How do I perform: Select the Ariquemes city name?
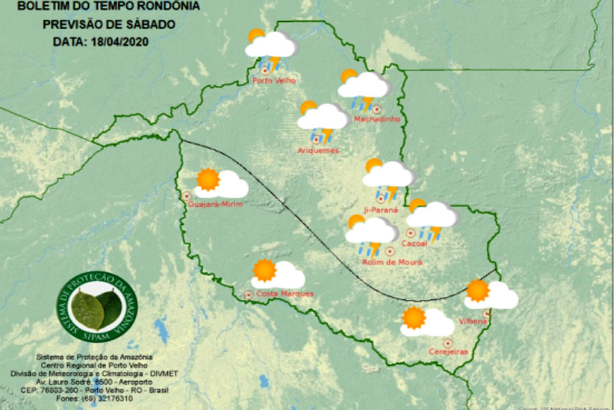(318, 151)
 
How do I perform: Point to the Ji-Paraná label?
(380, 209)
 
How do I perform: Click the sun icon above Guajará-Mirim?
(208, 180)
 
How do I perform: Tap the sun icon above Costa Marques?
(264, 270)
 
